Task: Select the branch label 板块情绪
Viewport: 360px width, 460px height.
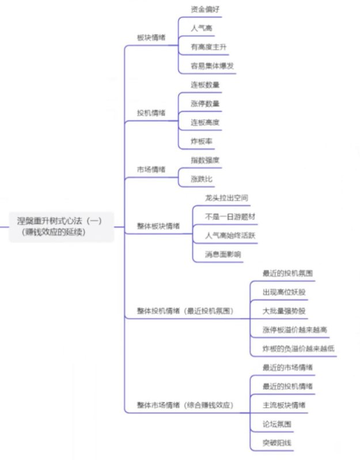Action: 151,37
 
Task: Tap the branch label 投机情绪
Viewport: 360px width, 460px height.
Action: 151,113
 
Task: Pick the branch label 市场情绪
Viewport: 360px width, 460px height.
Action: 151,169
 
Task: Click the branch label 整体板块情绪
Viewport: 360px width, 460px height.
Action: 158,226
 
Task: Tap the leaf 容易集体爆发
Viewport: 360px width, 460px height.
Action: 213,66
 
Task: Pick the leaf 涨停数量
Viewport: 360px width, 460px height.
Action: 205,103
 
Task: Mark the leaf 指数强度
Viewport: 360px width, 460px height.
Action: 205,160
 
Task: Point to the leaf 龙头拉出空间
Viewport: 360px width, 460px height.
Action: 226,198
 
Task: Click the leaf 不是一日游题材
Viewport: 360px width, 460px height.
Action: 230,217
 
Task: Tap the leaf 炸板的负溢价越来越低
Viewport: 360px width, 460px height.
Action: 298,348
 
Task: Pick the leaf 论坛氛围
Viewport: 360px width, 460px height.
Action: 276,424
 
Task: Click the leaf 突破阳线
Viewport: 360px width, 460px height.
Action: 276,443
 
